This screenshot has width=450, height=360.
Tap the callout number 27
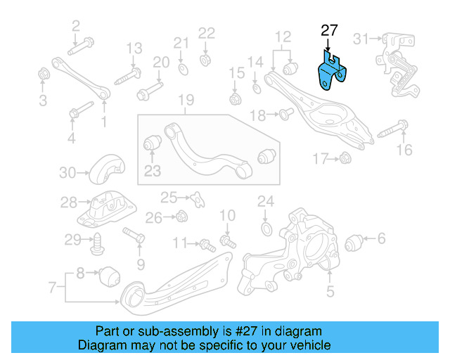tap(329, 30)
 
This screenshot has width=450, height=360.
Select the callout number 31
tap(361, 37)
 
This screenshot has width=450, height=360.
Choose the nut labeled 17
tap(345, 159)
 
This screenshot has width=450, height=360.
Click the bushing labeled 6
tap(355, 242)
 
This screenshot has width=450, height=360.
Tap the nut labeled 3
tap(44, 73)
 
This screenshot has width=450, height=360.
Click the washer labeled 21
tap(183, 67)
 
